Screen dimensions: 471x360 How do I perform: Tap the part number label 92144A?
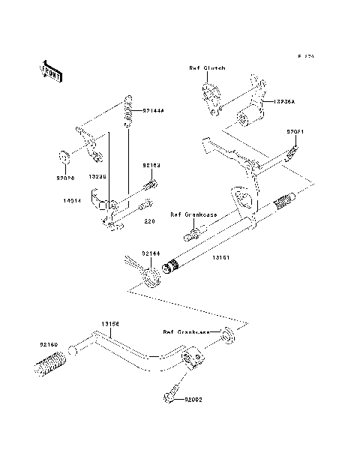(x=152, y=110)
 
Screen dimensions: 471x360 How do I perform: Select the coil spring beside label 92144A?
(x=129, y=110)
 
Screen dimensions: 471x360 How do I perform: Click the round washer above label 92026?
(x=64, y=157)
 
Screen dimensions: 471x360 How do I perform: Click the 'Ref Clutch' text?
(x=208, y=68)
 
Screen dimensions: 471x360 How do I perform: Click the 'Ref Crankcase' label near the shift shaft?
(x=193, y=214)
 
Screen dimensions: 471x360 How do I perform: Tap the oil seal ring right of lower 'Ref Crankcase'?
(x=227, y=334)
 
